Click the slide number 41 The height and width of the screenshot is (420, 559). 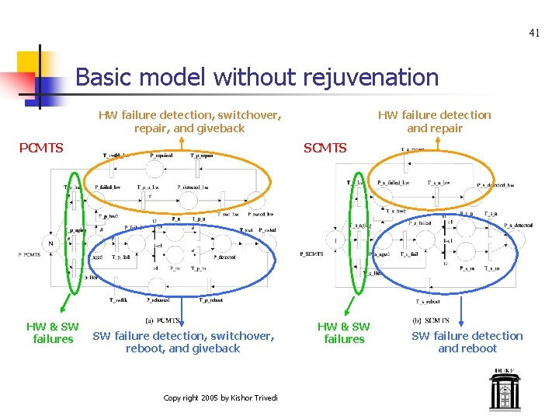point(533,33)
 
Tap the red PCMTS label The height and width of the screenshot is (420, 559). point(41,148)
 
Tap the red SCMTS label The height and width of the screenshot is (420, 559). point(325,148)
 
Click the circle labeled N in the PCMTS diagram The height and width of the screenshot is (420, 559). point(51,243)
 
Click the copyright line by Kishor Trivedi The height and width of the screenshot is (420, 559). point(221,398)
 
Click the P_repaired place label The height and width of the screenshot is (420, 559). point(161,156)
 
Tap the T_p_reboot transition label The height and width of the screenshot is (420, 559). point(210,299)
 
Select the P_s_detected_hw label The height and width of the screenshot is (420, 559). point(495,184)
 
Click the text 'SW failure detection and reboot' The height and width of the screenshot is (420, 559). point(467,342)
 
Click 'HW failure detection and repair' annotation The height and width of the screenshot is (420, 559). point(434,121)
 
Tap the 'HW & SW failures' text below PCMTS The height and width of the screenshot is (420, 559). point(53,333)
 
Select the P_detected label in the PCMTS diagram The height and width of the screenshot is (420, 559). point(225,257)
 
